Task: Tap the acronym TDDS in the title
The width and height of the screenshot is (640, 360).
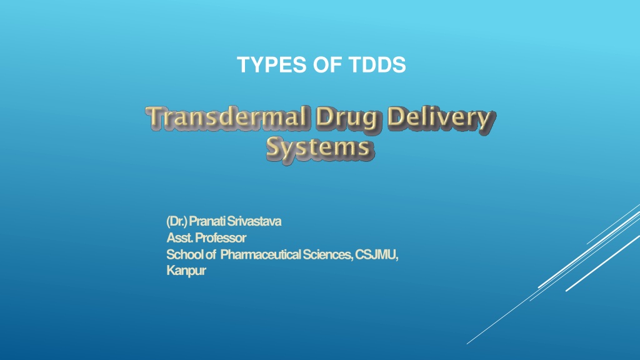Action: pyautogui.click(x=377, y=64)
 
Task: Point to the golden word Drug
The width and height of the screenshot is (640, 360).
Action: pyautogui.click(x=347, y=119)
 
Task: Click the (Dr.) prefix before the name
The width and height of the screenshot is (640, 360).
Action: pyautogui.click(x=177, y=221)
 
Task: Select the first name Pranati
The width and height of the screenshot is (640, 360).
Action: pyautogui.click(x=207, y=221)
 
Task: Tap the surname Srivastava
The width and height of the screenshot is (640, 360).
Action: pyautogui.click(x=254, y=221)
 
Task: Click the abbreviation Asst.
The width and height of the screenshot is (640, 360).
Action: pyautogui.click(x=179, y=237)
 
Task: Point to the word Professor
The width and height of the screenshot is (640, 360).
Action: pyautogui.click(x=221, y=237)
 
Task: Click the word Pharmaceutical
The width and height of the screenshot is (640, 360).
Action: pyautogui.click(x=261, y=254)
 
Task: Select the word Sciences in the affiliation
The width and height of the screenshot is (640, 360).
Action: pyautogui.click(x=327, y=254)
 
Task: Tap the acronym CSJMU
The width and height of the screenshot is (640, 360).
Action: pyautogui.click(x=376, y=254)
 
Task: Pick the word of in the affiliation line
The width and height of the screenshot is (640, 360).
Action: pyautogui.click(x=210, y=254)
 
